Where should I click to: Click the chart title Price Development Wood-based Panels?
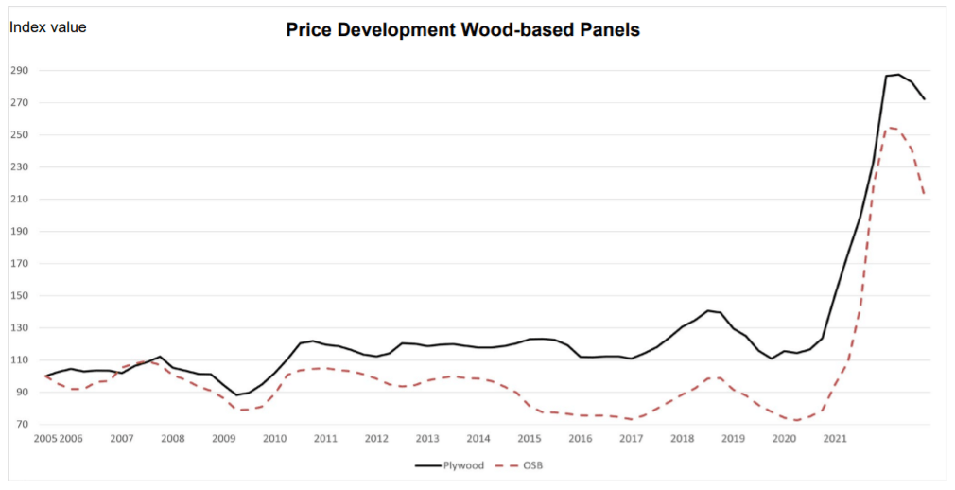pyautogui.click(x=462, y=30)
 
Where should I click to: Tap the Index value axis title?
pyautogui.click(x=47, y=27)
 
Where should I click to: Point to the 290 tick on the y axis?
pyautogui.click(x=21, y=71)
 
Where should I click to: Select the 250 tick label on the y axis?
pyautogui.click(x=21, y=135)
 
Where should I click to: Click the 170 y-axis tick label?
pyautogui.click(x=21, y=264)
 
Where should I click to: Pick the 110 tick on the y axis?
pyautogui.click(x=21, y=360)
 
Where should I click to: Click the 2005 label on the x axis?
pyautogui.click(x=44, y=439)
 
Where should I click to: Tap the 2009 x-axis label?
pyautogui.click(x=223, y=439)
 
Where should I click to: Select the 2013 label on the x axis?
pyautogui.click(x=427, y=439)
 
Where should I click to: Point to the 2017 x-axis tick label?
pyautogui.click(x=631, y=439)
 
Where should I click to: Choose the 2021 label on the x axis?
pyautogui.click(x=835, y=439)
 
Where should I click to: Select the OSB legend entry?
pyautogui.click(x=531, y=465)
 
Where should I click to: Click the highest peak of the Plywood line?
pyautogui.click(x=898, y=74)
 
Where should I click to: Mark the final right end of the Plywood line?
pyautogui.click(x=924, y=99)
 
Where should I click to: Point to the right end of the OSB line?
pyautogui.click(x=924, y=196)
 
